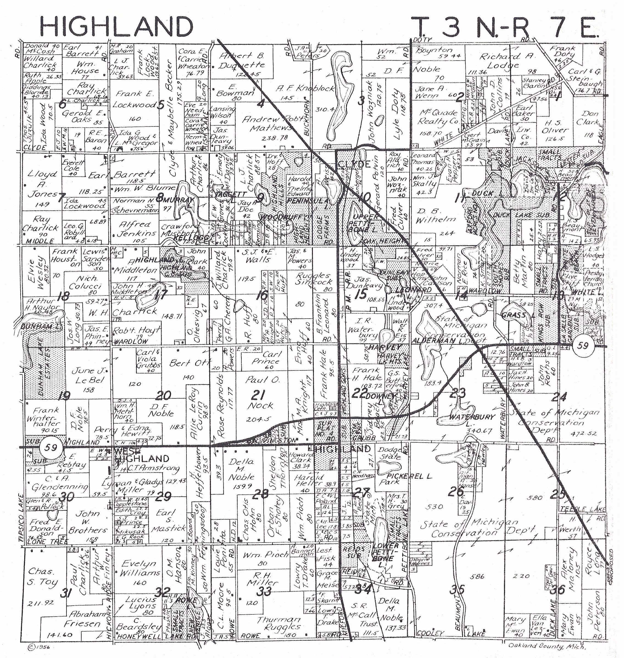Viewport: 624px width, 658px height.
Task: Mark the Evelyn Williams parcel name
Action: (140, 568)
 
